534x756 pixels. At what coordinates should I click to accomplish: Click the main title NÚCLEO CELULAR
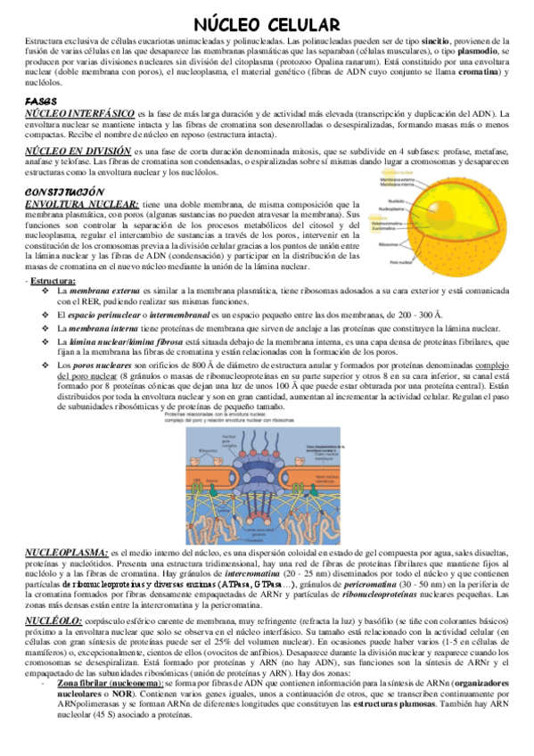(267, 24)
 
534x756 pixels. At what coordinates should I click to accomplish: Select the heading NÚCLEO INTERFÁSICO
(79, 114)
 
